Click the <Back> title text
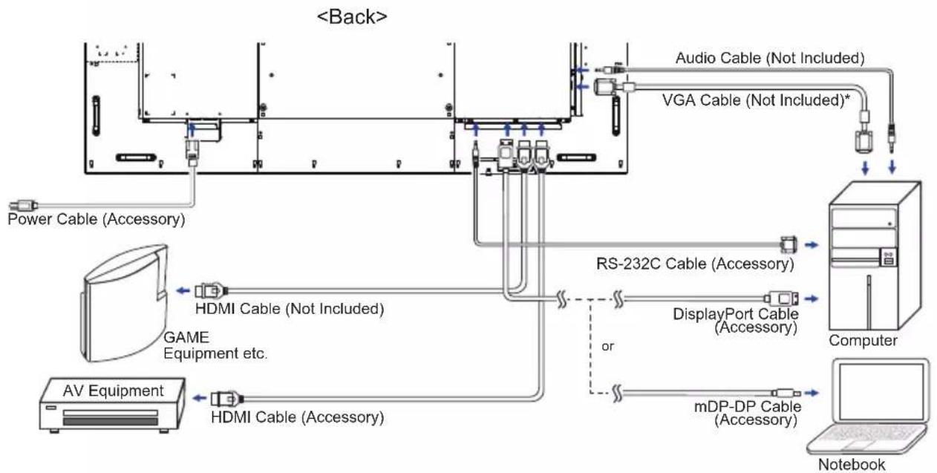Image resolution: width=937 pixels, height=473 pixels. point(352,17)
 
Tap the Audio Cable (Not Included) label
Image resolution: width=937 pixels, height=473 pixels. point(770,58)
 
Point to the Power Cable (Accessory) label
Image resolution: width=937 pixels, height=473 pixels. point(97,219)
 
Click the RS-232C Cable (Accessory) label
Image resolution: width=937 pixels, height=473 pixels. point(695,264)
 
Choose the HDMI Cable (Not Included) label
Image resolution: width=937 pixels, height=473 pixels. point(290,309)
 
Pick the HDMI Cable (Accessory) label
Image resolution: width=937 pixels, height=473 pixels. point(298,417)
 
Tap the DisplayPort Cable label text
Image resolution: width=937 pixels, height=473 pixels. point(735,314)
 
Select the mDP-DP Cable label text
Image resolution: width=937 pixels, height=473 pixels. point(748,406)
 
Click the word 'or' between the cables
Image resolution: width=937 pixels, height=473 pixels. point(608,346)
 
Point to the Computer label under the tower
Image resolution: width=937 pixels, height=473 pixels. point(863,340)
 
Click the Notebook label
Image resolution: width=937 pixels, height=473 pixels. point(852,464)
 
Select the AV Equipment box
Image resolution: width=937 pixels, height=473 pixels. point(112,405)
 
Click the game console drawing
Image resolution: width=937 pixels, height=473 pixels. point(124,303)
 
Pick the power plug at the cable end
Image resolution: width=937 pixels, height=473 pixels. point(23,206)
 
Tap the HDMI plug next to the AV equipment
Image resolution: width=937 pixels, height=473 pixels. point(226,399)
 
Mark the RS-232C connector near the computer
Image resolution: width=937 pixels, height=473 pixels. point(789,244)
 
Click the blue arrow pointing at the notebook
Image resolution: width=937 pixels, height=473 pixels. point(812,393)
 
